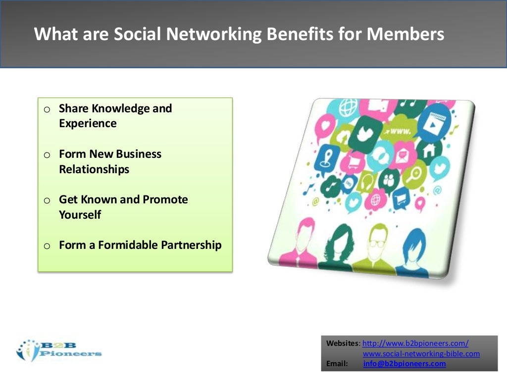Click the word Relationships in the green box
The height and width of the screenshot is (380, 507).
[x=94, y=169]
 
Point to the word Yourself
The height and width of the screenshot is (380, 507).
[x=80, y=215]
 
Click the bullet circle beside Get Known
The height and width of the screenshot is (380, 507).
[x=47, y=201]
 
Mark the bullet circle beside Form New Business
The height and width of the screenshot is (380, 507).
[x=47, y=155]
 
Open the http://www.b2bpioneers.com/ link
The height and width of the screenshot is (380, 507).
[x=415, y=343]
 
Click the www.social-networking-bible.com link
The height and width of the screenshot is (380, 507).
[x=421, y=354]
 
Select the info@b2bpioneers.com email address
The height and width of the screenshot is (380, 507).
[x=404, y=364]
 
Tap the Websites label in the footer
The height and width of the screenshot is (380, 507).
[x=343, y=343]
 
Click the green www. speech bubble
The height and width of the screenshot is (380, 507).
[x=400, y=132]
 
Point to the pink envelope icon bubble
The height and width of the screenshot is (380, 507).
[x=401, y=158]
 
